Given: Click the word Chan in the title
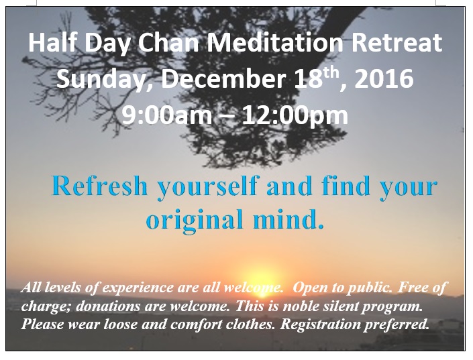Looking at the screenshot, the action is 168,42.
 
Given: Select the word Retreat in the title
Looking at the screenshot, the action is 397,42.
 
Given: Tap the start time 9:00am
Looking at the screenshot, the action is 167,115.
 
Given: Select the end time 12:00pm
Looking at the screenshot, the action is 295,115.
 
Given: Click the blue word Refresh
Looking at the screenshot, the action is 100,186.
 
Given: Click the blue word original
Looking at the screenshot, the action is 195,219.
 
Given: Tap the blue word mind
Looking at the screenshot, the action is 288,219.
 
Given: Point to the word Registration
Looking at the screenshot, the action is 320,325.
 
